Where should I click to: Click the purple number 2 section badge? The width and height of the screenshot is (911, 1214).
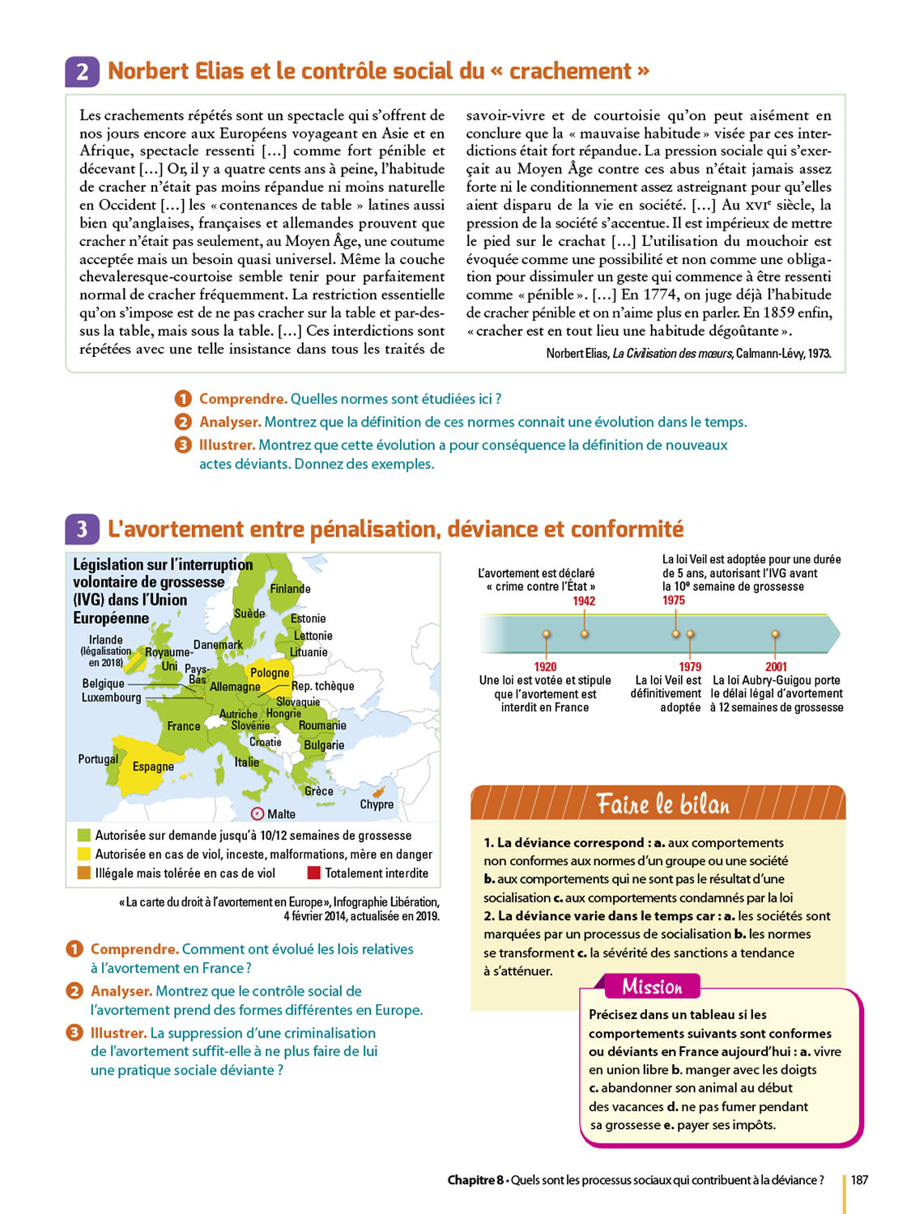pyautogui.click(x=82, y=71)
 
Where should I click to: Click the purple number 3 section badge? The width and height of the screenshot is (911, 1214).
pyautogui.click(x=82, y=529)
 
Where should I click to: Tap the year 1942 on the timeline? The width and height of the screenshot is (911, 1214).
pyautogui.click(x=584, y=601)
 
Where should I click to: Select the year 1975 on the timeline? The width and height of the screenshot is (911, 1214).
pyautogui.click(x=674, y=601)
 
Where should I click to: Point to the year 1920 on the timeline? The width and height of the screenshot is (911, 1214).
pyautogui.click(x=545, y=667)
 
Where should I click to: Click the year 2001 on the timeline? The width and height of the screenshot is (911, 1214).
pyautogui.click(x=776, y=667)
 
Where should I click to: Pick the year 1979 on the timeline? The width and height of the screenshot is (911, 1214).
pyautogui.click(x=690, y=667)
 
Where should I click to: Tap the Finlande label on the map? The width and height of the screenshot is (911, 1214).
pyautogui.click(x=290, y=589)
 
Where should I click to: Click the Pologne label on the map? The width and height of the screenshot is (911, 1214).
pyautogui.click(x=270, y=673)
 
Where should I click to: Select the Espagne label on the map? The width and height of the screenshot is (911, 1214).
pyautogui.click(x=153, y=766)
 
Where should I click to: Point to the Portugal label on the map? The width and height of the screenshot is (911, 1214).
pyautogui.click(x=98, y=759)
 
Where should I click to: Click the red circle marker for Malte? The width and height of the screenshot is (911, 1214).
pyautogui.click(x=258, y=813)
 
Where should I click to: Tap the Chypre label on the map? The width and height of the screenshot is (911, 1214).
pyautogui.click(x=377, y=804)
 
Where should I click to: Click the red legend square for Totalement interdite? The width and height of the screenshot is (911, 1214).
pyautogui.click(x=314, y=873)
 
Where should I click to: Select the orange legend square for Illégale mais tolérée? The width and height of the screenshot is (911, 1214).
pyautogui.click(x=83, y=873)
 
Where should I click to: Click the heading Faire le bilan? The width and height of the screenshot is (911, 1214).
pyautogui.click(x=662, y=804)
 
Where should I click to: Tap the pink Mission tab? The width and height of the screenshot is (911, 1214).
pyautogui.click(x=652, y=987)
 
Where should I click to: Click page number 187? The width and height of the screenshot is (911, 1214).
pyautogui.click(x=859, y=1180)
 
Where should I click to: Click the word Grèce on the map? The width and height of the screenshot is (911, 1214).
pyautogui.click(x=318, y=791)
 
